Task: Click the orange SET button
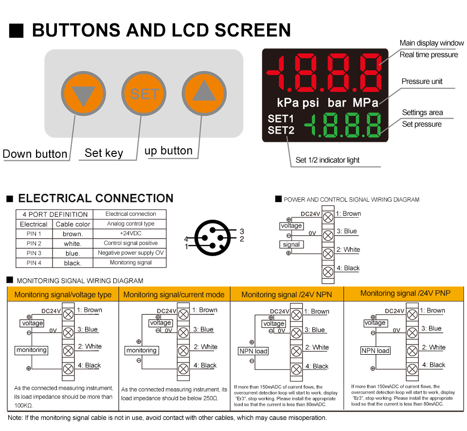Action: pos(144,94)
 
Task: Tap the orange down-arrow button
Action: pos(83,94)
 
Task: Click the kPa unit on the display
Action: pos(287,103)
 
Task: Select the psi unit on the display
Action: pos(311,103)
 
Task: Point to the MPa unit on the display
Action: pos(365,103)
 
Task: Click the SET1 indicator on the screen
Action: pos(281,119)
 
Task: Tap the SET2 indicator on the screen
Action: pos(281,130)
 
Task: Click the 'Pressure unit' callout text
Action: pos(422,81)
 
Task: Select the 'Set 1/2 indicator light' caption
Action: pos(327,160)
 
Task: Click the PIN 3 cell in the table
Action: pos(34,253)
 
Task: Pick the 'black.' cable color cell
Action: pos(72,263)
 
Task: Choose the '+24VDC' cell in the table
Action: pos(130,234)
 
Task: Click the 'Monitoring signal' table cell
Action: pos(130,262)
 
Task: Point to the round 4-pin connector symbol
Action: pos(213,238)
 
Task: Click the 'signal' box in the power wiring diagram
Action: pos(291,244)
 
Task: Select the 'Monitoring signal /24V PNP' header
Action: pos(405,293)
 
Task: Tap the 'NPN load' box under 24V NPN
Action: pos(253,351)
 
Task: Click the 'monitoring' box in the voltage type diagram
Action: pos(32,350)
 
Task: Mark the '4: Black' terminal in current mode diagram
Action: pos(205,365)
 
